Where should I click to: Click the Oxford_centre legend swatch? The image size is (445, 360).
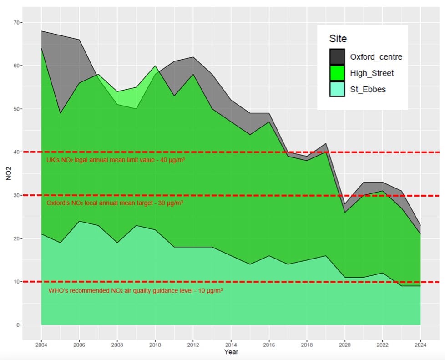[x=337, y=57]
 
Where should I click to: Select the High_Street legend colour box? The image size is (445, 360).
[x=337, y=73]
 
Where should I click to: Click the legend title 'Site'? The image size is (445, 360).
[x=338, y=39]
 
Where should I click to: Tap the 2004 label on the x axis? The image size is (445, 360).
[x=41, y=345]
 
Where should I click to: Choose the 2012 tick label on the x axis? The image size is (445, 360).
[x=193, y=345]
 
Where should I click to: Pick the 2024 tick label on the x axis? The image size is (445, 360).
[x=420, y=345]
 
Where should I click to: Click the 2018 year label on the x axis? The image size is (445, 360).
[x=307, y=345]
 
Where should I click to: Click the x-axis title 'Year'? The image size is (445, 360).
[x=231, y=352]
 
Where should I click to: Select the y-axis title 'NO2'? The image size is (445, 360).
[x=8, y=174]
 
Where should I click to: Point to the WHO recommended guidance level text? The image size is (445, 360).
[x=135, y=290]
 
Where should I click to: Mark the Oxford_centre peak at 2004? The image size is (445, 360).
[x=41, y=31]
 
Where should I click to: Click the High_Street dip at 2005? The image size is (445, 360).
[x=61, y=113]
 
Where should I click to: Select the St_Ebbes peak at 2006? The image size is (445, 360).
[x=79, y=221]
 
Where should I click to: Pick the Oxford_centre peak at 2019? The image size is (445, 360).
[x=326, y=143]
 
